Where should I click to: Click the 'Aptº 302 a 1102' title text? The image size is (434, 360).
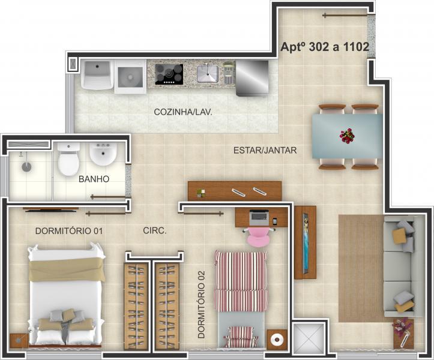click(324, 46)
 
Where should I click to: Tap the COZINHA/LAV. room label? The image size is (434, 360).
click(183, 112)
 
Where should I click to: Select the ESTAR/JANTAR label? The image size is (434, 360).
click(265, 150)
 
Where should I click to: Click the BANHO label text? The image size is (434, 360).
click(94, 179)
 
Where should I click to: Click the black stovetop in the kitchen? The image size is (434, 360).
click(169, 74)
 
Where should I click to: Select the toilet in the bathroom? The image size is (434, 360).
click(68, 160)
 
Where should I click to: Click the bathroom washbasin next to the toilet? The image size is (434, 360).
click(103, 155)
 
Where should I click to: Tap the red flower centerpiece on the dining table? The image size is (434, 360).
click(347, 136)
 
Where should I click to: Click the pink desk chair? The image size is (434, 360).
click(259, 236)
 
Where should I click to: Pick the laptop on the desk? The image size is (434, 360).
click(259, 215)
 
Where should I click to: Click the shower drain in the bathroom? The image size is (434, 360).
click(26, 165)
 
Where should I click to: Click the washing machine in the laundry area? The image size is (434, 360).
click(130, 76)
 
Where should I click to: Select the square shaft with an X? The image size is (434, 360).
click(310, 340)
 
